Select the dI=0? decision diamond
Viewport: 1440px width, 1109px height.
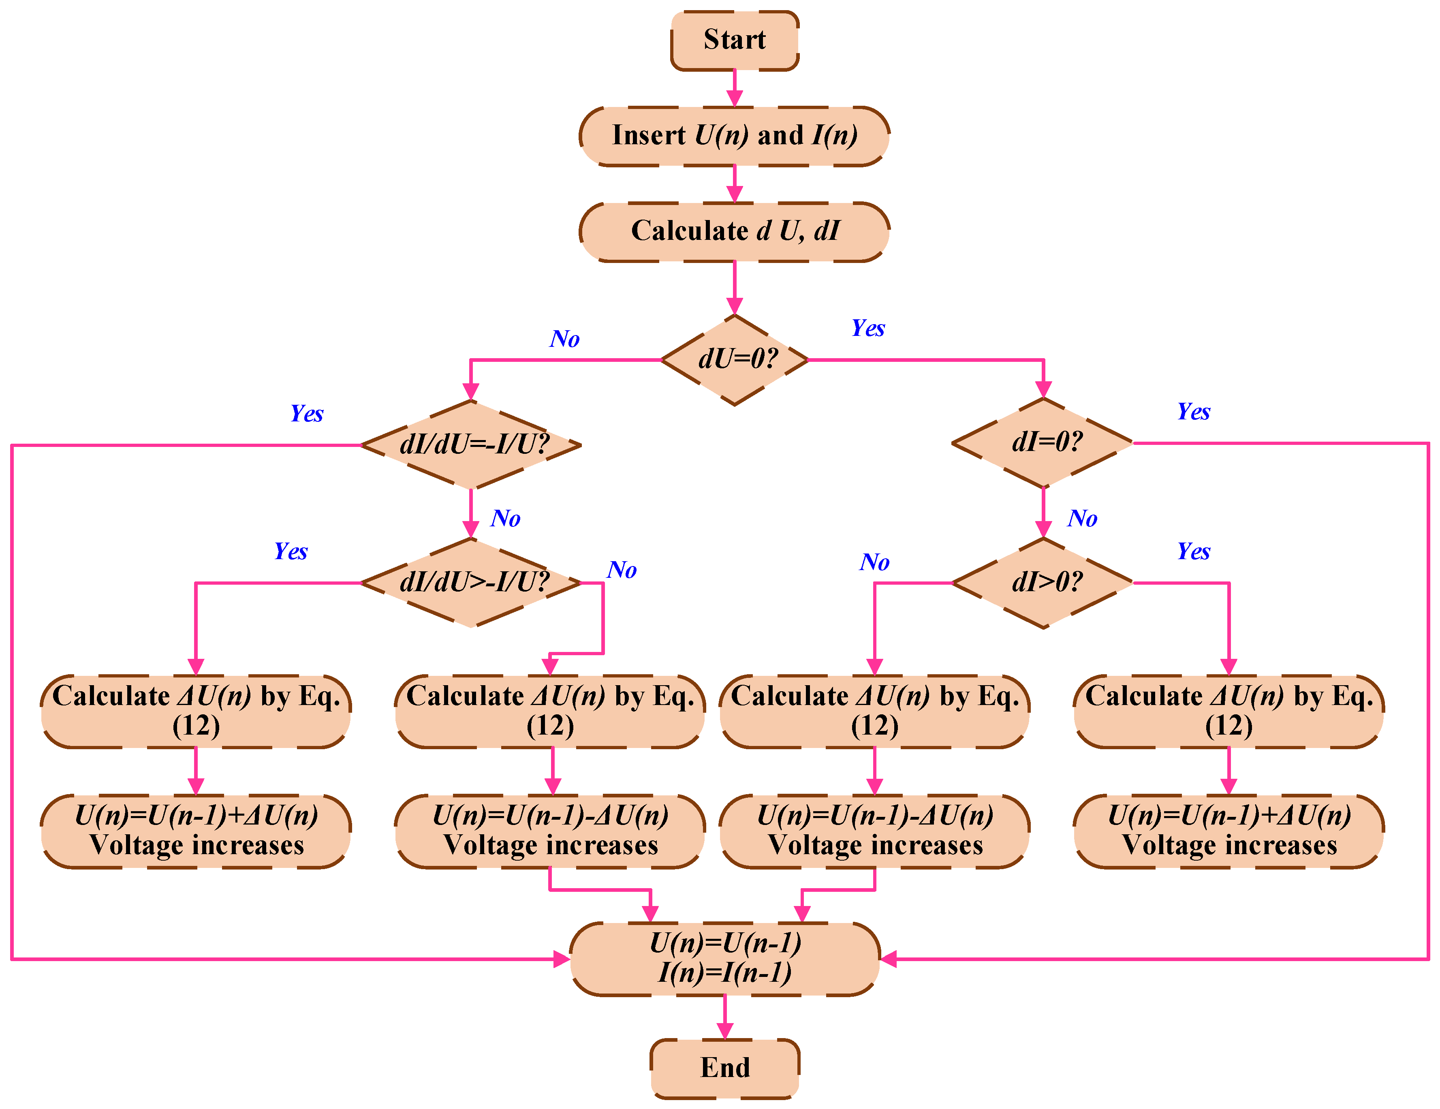tap(1043, 442)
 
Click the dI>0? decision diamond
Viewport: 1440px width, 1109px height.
tap(1043, 582)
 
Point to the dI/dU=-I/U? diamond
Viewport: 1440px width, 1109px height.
tap(471, 444)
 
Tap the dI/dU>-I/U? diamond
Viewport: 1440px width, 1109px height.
tap(471, 582)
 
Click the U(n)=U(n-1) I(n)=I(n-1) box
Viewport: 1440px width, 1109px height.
tap(724, 958)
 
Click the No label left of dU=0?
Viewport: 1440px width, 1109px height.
tap(564, 339)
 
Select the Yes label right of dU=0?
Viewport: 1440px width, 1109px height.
tap(868, 328)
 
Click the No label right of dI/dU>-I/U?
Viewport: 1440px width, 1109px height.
tap(622, 570)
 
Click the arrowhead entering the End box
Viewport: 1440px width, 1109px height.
tap(724, 1030)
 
